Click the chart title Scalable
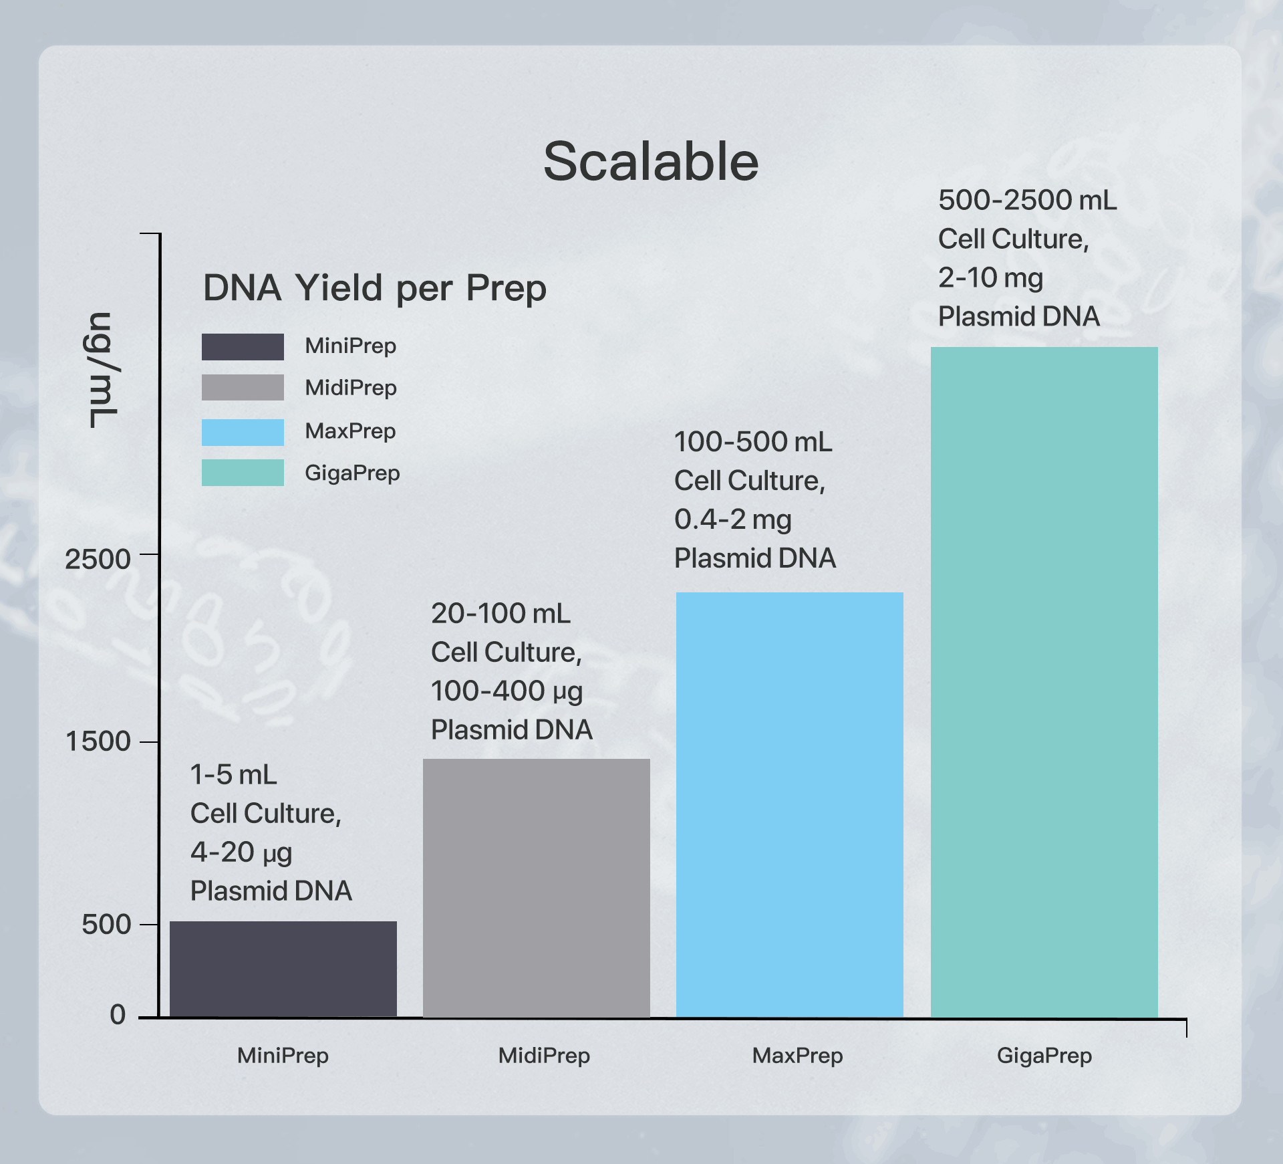(x=651, y=162)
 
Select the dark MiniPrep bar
(x=283, y=969)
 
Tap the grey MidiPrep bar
(x=537, y=889)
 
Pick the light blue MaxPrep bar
(x=790, y=805)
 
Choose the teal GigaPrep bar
(x=1044, y=683)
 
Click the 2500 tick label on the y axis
(x=98, y=559)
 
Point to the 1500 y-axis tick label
(x=98, y=741)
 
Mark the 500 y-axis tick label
(x=106, y=925)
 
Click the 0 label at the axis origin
(x=118, y=1015)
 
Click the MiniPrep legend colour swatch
(x=243, y=347)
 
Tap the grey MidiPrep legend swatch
(x=243, y=387)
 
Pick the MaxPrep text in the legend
(x=350, y=431)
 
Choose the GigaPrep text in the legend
(x=352, y=473)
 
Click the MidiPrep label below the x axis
(x=544, y=1056)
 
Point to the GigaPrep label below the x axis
(x=1044, y=1056)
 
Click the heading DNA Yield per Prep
(x=375, y=288)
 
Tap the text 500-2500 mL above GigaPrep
(x=1027, y=201)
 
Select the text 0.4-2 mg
(x=733, y=519)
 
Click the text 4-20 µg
(x=241, y=852)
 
